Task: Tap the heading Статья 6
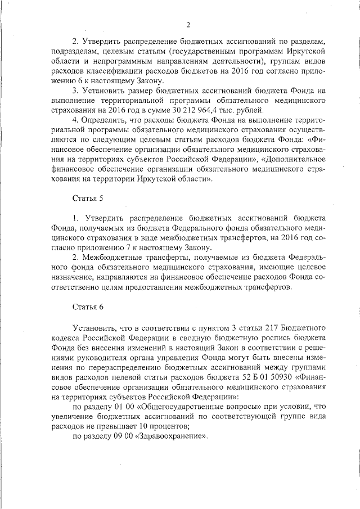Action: click(88, 307)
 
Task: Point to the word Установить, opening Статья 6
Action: click(94, 327)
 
